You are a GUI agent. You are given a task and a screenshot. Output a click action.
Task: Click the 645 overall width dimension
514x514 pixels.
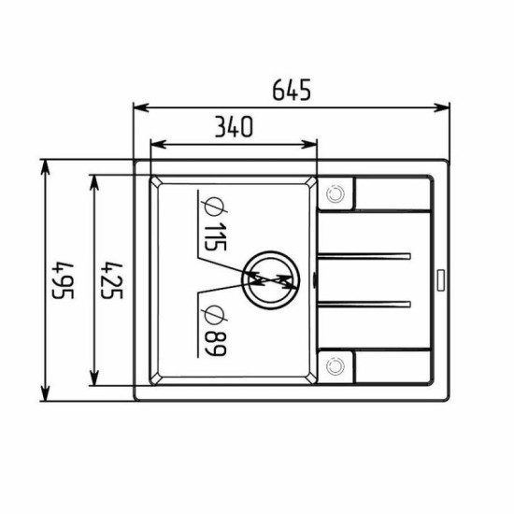tap(292, 90)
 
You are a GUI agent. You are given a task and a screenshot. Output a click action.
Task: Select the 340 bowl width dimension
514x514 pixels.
tap(234, 126)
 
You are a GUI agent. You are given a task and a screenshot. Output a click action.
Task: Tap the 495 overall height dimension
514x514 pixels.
tap(64, 280)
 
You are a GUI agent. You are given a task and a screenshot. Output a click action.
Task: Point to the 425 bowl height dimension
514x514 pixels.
tap(111, 280)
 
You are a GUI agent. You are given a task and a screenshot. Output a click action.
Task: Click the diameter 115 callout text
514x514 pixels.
tap(215, 224)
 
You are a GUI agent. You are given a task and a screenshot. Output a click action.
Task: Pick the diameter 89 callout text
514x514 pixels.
tap(215, 331)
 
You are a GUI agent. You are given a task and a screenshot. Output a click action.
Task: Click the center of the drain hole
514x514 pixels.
tap(271, 280)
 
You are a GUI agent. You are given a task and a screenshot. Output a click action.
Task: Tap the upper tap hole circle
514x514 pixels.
tap(336, 194)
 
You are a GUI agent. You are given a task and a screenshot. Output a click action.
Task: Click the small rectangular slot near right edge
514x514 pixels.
tap(441, 280)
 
